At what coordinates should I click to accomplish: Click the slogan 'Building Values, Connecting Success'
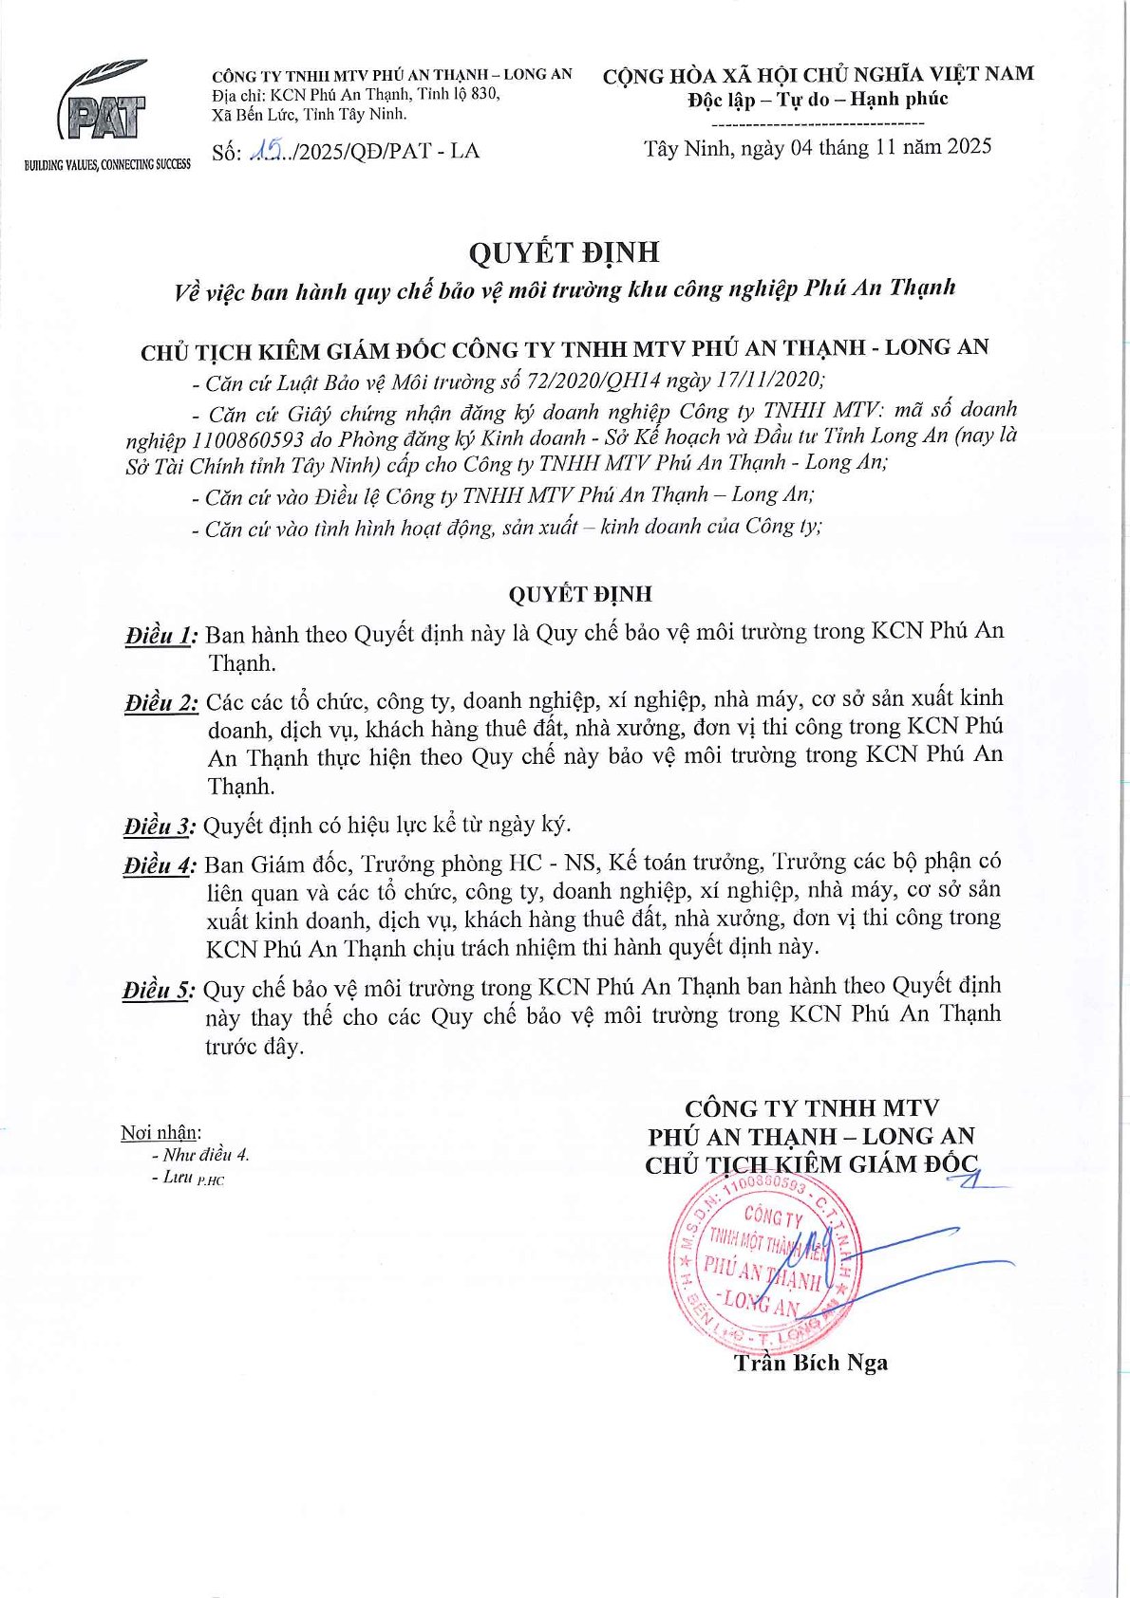[x=107, y=165]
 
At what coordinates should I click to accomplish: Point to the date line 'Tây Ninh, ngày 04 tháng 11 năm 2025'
[x=818, y=147]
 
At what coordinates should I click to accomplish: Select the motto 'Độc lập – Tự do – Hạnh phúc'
[x=818, y=100]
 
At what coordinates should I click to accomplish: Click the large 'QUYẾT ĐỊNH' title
[x=563, y=252]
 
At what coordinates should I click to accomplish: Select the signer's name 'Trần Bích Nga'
[x=810, y=1364]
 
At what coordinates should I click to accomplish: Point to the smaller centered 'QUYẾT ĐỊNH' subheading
[x=579, y=595]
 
